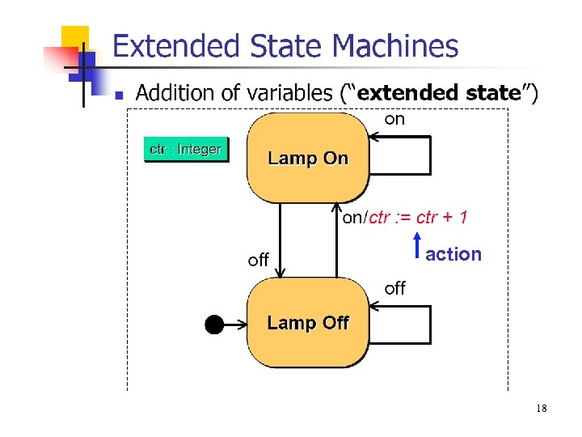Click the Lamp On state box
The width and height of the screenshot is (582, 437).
click(308, 158)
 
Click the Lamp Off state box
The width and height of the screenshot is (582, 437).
click(308, 323)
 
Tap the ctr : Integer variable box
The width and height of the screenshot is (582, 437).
click(186, 150)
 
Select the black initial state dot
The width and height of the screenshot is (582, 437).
click(213, 325)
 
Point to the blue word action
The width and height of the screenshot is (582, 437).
click(453, 254)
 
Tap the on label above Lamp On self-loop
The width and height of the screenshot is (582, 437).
click(394, 120)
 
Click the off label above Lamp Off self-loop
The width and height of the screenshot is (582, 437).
click(394, 288)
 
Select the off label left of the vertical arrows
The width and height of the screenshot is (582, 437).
click(258, 261)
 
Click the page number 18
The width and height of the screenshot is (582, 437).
click(541, 409)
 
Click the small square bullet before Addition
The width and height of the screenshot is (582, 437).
click(118, 95)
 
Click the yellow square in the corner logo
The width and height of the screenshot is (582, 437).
click(75, 37)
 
